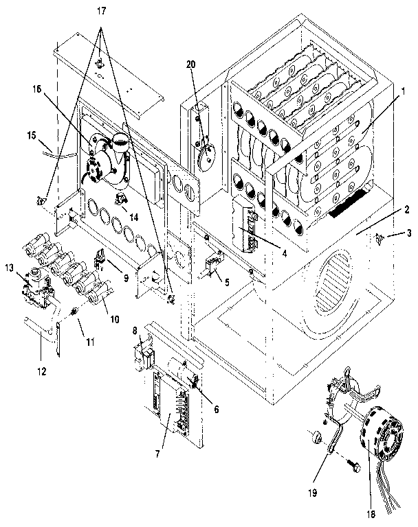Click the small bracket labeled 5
coord(213,264)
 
